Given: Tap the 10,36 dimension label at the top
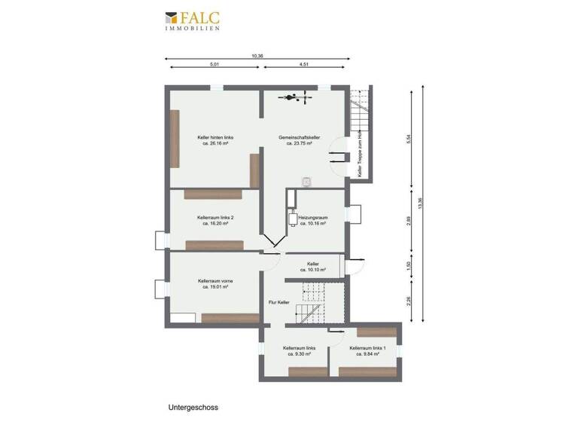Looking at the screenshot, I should click(257, 56).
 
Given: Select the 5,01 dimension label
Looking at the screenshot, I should click(214, 65).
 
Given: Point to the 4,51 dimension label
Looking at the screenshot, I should click(305, 65).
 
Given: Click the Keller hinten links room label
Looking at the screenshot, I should click(215, 137).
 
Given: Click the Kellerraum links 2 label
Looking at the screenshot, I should click(215, 218).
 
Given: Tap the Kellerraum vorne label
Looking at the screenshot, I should click(215, 281).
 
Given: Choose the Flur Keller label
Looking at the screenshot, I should click(278, 302).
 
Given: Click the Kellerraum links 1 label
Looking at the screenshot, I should click(368, 348).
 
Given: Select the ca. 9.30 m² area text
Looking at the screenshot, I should click(300, 354).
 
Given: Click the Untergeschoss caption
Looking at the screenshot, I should click(193, 407).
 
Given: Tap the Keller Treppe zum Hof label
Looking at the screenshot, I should click(360, 155).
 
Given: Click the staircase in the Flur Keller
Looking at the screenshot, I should click(311, 301).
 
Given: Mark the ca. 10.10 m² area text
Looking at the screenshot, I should click(312, 270).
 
